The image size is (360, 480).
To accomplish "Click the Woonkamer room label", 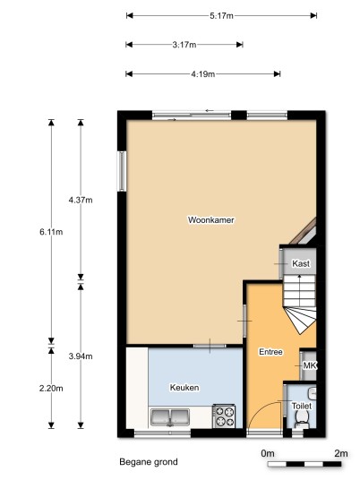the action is pos(211,219).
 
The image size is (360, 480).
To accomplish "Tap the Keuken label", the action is pos(184,388).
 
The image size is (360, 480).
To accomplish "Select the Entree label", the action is pos(270,352).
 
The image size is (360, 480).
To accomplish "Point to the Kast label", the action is pos(301,263).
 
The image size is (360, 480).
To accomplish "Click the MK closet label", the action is pos(310,365).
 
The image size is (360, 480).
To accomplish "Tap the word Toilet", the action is pos(302,406).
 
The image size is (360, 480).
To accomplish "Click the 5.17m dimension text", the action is pos(221,15).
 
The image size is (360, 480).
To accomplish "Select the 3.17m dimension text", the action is pos(184,45).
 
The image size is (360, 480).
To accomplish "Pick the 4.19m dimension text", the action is pos(203,74).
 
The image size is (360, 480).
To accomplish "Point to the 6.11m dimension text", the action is pos(51,232).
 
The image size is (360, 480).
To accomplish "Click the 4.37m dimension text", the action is pos(81,200).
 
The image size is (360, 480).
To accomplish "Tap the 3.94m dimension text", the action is pos(81,356).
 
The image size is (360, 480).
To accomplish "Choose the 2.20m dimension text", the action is pos(51,388).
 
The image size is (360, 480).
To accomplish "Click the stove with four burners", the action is pos(224,416).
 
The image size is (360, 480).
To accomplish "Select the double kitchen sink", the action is pos(170,417).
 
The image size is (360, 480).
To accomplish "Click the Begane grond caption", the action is pos(149,461).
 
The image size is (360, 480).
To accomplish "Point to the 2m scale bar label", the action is pos(340,453).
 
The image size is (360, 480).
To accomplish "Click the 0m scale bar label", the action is pos(268,453).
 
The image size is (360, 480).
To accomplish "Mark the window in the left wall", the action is pos(122,171).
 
